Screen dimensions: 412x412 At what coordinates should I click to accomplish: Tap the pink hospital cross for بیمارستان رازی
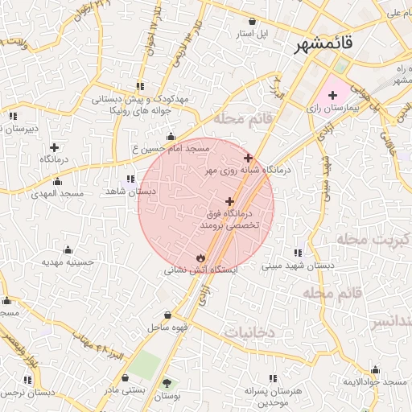[x=332, y=95]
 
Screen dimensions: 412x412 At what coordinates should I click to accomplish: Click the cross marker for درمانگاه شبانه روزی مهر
[x=248, y=158]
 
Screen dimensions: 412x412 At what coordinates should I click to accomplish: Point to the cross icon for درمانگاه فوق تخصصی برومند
[x=230, y=200]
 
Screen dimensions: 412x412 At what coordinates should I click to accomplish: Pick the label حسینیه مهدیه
[x=68, y=262]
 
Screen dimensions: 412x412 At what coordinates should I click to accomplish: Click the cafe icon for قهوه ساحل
[x=167, y=315]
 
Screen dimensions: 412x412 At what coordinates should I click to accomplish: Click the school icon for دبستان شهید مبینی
[x=299, y=253]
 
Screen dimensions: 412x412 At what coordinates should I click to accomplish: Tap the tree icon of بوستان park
[x=167, y=384]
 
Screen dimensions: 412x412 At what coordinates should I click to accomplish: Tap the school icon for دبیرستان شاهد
[x=12, y=116]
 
